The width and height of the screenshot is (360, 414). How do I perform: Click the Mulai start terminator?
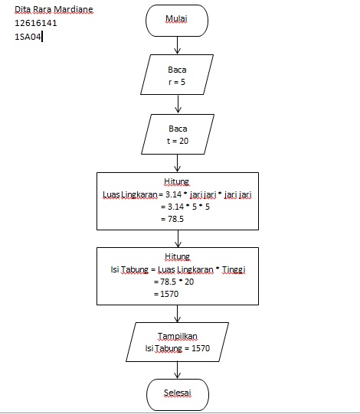point(177,18)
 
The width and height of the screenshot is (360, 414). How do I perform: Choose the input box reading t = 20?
point(177,135)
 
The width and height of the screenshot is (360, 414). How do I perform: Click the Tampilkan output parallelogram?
point(177,342)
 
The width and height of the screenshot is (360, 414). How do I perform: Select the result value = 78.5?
point(172,219)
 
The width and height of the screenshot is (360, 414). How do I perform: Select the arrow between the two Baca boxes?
point(177,105)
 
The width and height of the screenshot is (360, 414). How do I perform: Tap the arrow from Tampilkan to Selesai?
point(177,370)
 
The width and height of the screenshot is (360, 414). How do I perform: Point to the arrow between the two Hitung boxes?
point(177,238)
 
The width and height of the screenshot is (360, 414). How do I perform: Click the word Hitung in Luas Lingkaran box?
point(177,181)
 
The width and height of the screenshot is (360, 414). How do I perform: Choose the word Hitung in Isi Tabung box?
point(177,256)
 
